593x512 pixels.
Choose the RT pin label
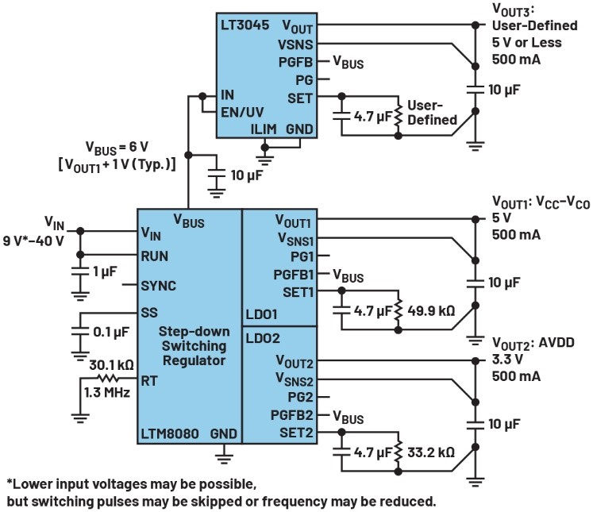click(149, 381)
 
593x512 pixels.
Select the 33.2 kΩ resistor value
click(430, 452)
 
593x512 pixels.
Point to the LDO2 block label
click(264, 337)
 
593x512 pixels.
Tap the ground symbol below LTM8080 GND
click(225, 456)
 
